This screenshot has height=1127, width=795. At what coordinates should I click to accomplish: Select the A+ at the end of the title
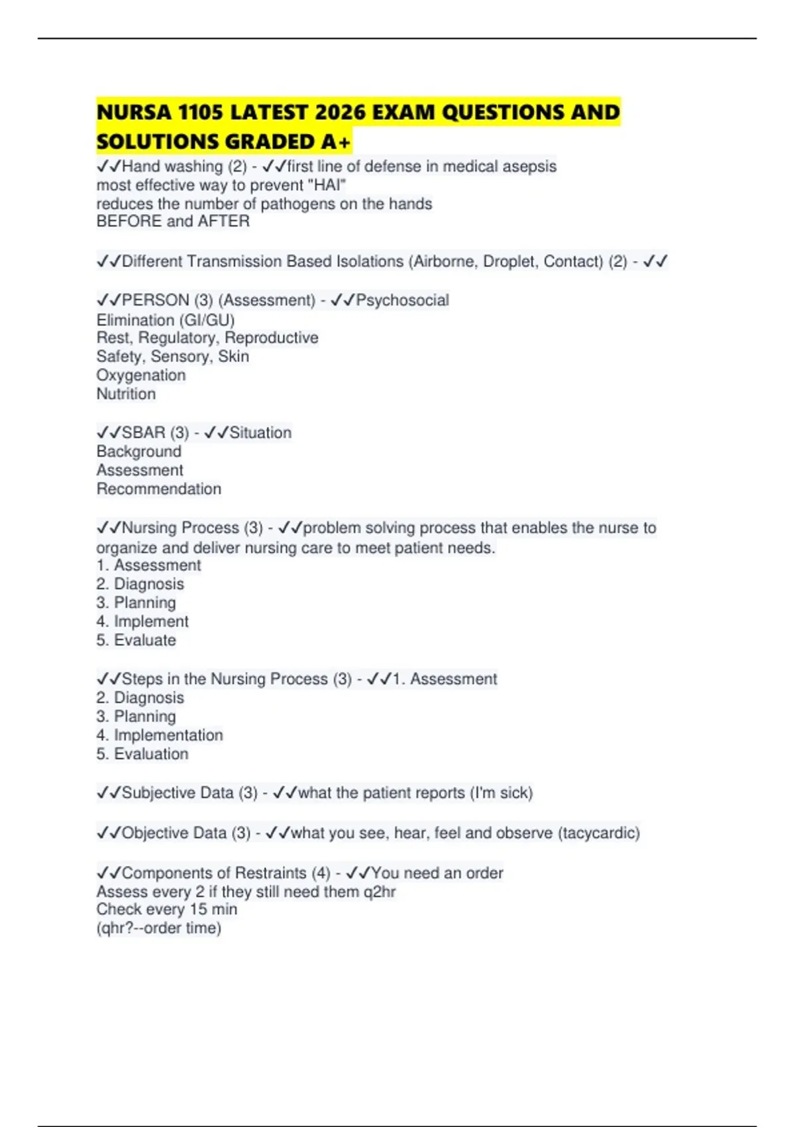[337, 142]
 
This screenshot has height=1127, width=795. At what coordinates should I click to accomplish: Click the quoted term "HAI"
[327, 185]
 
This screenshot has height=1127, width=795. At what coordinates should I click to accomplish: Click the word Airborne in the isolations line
[445, 261]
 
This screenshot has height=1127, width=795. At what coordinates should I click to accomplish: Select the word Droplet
[511, 261]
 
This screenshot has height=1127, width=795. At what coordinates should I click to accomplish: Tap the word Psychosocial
[403, 300]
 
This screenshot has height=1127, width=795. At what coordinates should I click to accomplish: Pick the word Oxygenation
[141, 375]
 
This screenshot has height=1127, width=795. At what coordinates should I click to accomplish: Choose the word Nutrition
[126, 394]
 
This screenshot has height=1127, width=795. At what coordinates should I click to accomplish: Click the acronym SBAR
[144, 433]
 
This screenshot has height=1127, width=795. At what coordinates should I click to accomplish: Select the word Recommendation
[159, 489]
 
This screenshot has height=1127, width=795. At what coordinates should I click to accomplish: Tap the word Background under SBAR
[138, 451]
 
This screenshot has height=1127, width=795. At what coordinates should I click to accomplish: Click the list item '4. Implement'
[142, 622]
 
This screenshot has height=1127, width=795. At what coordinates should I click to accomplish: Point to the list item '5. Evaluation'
[142, 754]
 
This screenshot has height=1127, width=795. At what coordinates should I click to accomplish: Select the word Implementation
[168, 735]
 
